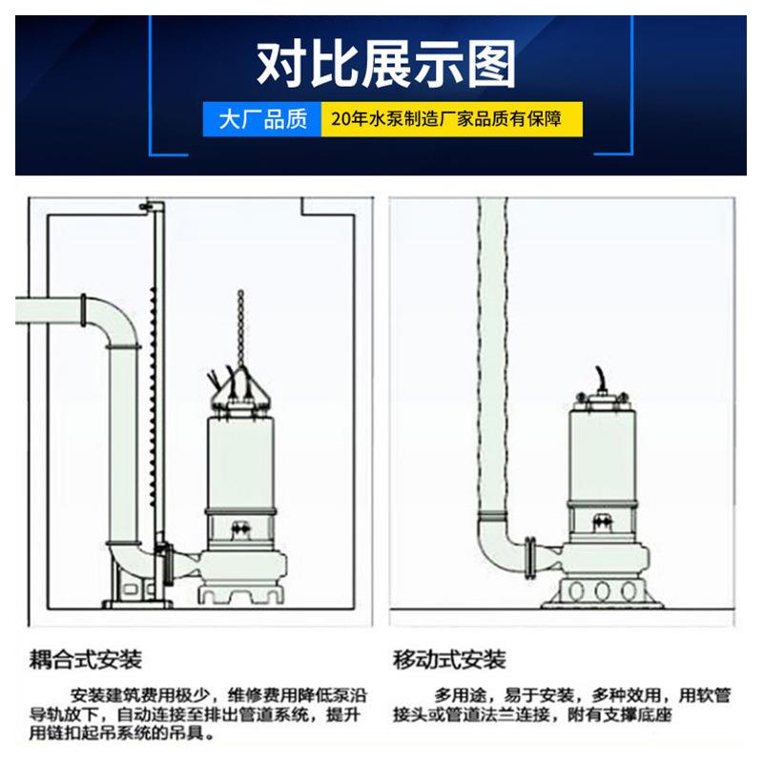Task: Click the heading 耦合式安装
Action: pos(85,659)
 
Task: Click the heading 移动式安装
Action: pos(449,659)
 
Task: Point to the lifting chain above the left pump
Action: pos(240,324)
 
